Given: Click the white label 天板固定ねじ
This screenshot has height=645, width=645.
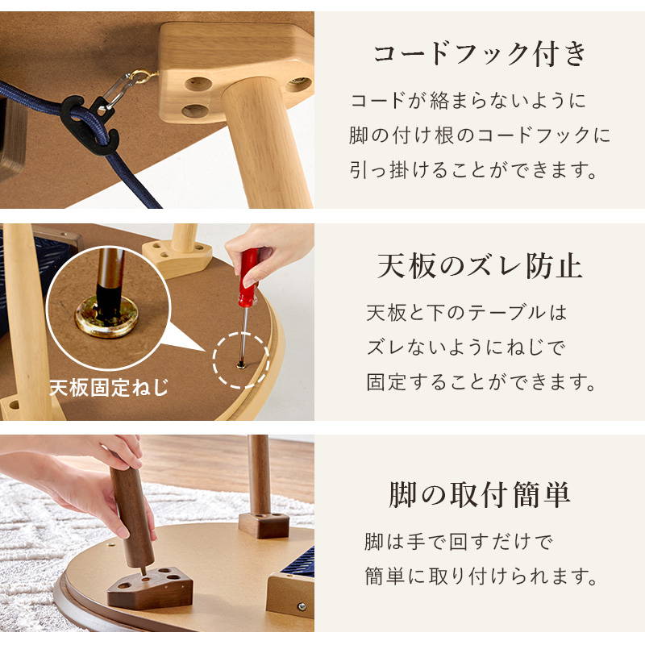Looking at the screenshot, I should pyautogui.click(x=110, y=387).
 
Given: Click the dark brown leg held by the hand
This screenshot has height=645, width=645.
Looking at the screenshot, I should pyautogui.click(x=131, y=515).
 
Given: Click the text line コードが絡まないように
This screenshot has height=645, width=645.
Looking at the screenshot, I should pyautogui.click(x=468, y=102).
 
